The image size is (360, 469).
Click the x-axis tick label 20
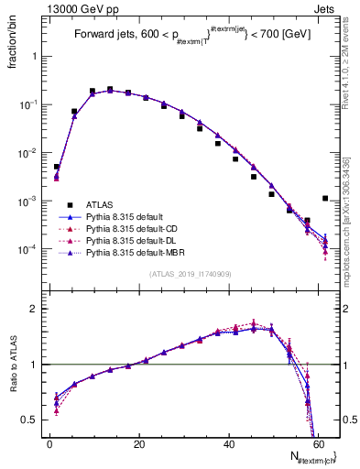coord(139,444)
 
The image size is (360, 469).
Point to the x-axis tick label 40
coord(229,444)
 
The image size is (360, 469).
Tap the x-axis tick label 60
coord(319,444)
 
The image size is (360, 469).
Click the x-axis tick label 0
coord(49,444)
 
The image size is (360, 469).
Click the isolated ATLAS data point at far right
coord(325,198)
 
